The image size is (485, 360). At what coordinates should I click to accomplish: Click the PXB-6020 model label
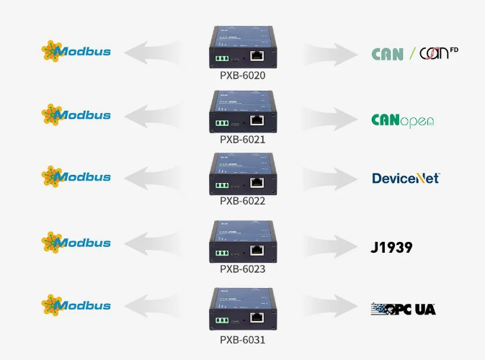click(x=242, y=75)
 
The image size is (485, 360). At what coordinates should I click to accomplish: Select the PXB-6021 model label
click(x=242, y=139)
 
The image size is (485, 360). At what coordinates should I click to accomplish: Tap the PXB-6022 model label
click(x=242, y=201)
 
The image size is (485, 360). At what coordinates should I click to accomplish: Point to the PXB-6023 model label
click(x=242, y=269)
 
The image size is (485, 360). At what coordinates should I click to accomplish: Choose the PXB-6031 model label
click(x=242, y=338)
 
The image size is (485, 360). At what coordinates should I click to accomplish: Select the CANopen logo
click(x=402, y=120)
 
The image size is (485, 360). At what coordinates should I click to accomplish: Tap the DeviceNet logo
click(x=405, y=178)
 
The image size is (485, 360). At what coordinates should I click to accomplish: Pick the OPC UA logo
click(x=403, y=309)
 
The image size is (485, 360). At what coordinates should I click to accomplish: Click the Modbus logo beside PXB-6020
click(x=76, y=51)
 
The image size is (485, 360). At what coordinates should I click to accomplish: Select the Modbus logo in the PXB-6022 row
click(x=76, y=177)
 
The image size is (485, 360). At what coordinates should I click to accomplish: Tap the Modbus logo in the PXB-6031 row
click(x=76, y=305)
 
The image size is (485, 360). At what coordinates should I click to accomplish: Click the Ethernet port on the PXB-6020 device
click(x=257, y=55)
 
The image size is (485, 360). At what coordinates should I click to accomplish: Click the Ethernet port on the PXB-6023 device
click(x=257, y=249)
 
